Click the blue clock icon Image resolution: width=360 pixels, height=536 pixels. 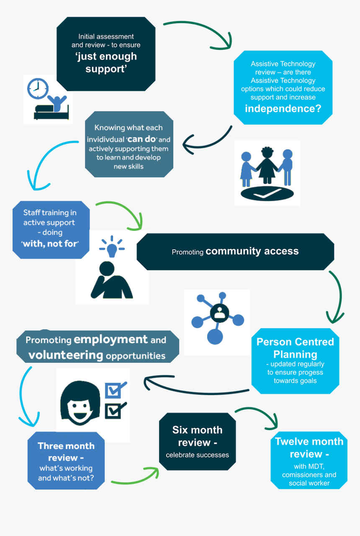click(38, 88)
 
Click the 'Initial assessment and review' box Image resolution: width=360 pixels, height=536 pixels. click(106, 54)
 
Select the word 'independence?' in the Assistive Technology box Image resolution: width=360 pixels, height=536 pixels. click(283, 109)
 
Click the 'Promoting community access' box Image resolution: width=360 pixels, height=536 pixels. click(235, 251)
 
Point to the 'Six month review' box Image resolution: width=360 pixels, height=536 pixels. click(198, 441)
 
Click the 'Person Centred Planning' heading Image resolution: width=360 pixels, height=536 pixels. click(295, 348)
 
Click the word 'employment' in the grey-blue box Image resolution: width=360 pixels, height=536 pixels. click(111, 339)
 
